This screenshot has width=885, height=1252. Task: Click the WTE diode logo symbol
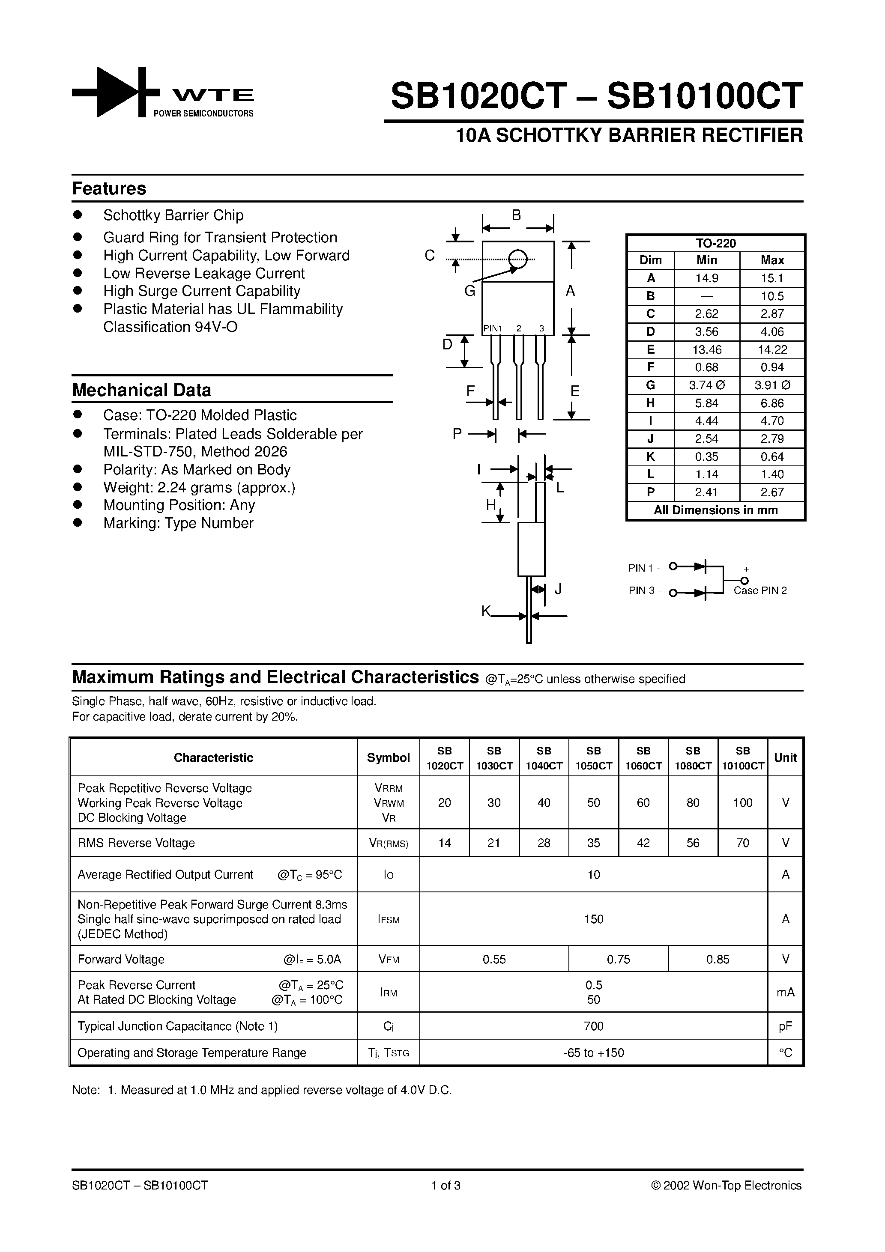coord(116,92)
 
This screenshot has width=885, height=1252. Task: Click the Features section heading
coord(109,189)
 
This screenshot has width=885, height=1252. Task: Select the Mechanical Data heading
coord(141,391)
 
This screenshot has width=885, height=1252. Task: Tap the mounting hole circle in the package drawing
coord(517,259)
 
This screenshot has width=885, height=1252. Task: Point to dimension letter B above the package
coord(516,215)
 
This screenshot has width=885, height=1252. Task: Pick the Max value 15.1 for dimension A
coord(771,278)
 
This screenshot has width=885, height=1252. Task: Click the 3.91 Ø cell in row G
coord(771,385)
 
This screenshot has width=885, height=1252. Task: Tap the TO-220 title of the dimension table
coord(715,243)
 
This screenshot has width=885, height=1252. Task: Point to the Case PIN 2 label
coord(760,590)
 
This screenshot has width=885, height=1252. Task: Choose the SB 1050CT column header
coord(594,758)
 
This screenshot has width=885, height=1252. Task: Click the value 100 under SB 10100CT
coord(743,803)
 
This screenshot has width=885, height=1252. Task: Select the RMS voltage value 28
coord(544,843)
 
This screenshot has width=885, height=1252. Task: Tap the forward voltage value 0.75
coord(618,959)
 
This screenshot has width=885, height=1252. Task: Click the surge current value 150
coord(594,919)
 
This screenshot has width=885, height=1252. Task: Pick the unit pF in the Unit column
coord(785,1026)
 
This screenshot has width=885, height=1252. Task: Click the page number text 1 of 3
coord(446,1186)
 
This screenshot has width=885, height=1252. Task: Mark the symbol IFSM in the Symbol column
coord(389,920)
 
